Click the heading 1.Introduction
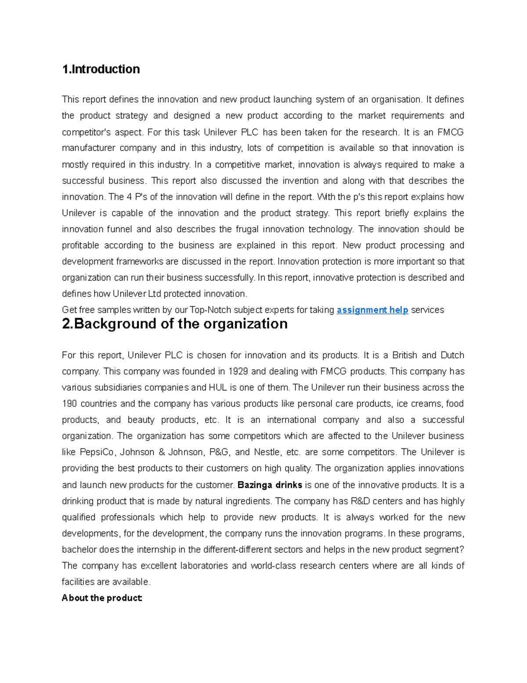click(x=101, y=69)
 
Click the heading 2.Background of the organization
click(x=174, y=324)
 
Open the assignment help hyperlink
click(x=372, y=310)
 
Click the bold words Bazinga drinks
click(x=270, y=485)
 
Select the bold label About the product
click(x=102, y=598)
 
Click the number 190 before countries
click(x=70, y=404)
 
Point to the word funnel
click(x=119, y=229)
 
